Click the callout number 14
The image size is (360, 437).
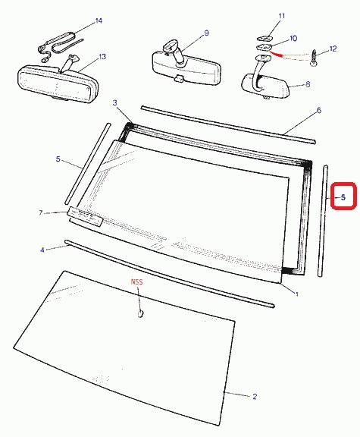click(99, 21)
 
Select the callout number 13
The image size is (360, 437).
click(102, 57)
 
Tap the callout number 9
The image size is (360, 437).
click(206, 33)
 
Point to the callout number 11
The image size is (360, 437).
click(282, 16)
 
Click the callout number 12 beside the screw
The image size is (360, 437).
click(333, 49)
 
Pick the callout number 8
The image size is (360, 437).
click(308, 84)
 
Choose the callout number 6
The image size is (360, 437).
click(319, 110)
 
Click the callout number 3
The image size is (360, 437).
click(115, 103)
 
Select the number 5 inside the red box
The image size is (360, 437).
click(343, 197)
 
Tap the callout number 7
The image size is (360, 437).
click(41, 213)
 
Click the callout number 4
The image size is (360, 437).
click(42, 250)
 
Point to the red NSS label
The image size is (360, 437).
click(136, 282)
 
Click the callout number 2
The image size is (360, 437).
click(255, 396)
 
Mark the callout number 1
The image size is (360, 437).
click(297, 294)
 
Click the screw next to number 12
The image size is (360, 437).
click(314, 58)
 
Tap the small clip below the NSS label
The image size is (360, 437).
click(141, 313)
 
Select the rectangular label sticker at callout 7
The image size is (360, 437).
click(86, 216)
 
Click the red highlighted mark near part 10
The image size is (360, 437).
click(276, 54)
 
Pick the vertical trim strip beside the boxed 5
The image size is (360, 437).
click(322, 221)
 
